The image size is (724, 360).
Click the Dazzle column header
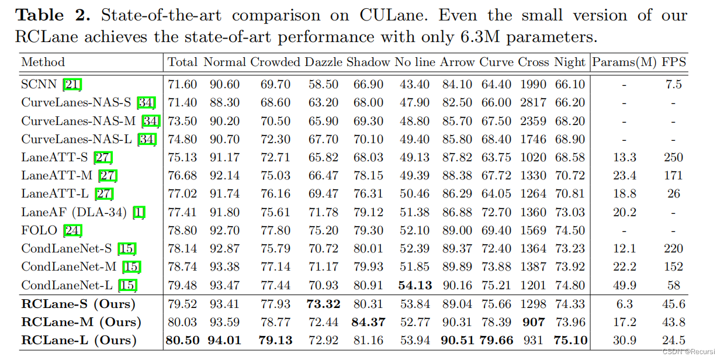click(x=323, y=62)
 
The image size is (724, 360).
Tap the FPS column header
click(x=674, y=62)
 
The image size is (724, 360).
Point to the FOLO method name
click(x=40, y=230)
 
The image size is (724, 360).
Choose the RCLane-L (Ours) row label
click(x=79, y=340)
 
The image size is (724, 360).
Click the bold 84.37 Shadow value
click(x=368, y=322)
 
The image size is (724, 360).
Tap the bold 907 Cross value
click(x=533, y=322)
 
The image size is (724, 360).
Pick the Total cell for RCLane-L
click(x=182, y=340)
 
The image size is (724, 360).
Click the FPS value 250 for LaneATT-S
click(x=673, y=158)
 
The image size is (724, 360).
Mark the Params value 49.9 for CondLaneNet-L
click(x=624, y=286)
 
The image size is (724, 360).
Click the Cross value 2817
click(x=533, y=103)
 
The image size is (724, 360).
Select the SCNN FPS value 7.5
click(x=673, y=85)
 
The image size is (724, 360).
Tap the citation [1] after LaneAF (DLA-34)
click(x=139, y=213)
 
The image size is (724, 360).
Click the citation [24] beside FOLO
click(x=72, y=230)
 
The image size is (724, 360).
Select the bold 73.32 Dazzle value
click(x=323, y=304)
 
